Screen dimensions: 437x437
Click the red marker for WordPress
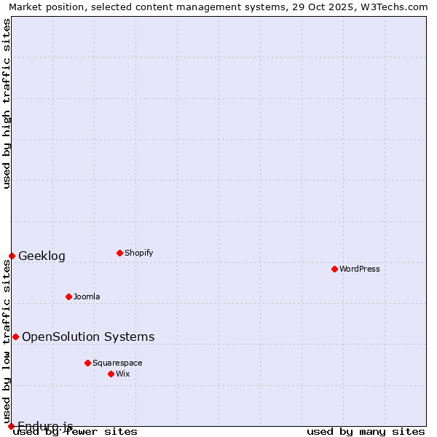pos(334,269)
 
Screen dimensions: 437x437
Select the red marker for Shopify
pos(119,253)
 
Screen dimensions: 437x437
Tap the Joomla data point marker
pos(68,296)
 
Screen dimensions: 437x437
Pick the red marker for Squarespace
pos(87,363)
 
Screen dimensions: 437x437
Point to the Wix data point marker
pos(111,374)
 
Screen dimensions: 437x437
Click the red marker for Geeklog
pos(12,256)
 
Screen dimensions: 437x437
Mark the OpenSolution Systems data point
pos(15,336)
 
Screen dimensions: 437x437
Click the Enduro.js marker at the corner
pos(11,426)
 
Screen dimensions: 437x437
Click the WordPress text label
pos(360,269)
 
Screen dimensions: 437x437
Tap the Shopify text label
pos(138,253)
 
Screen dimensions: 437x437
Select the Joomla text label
pos(87,296)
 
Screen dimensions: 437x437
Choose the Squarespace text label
pos(117,363)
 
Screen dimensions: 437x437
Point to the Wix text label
pos(123,374)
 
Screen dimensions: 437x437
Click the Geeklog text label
pos(42,256)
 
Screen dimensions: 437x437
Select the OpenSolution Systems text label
pos(88,336)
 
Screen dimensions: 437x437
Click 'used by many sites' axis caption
pos(366,432)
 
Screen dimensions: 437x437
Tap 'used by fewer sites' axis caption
pos(76,432)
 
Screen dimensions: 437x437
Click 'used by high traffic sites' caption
pos(7,103)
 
